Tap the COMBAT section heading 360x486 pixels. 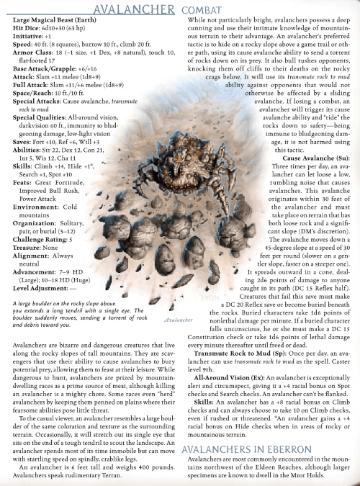pyautogui.click(x=188, y=9)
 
